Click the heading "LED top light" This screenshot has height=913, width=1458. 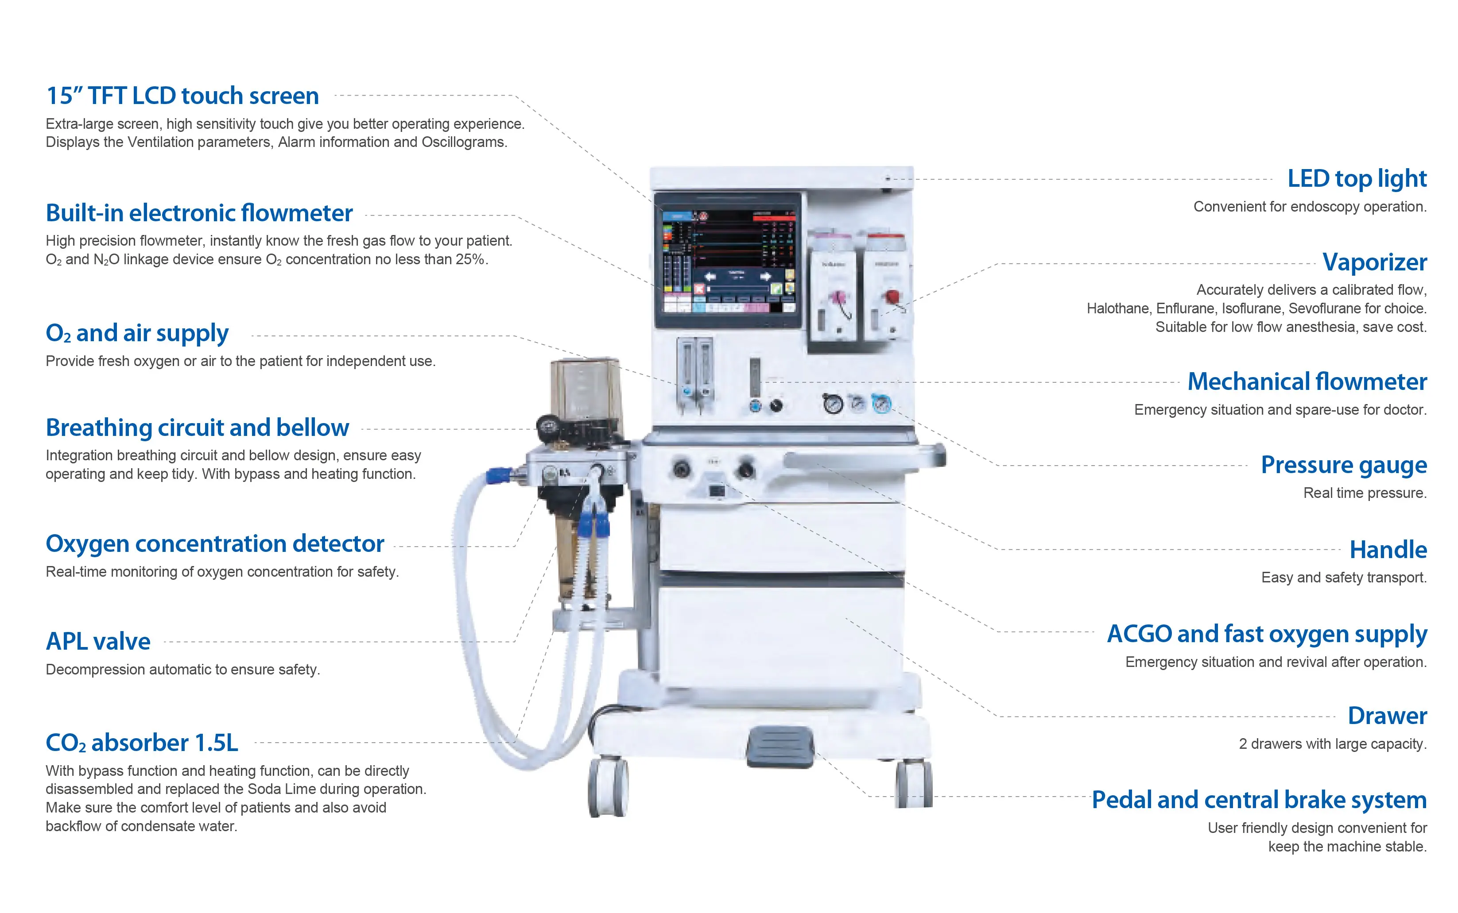click(x=1357, y=179)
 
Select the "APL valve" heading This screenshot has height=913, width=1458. click(x=98, y=641)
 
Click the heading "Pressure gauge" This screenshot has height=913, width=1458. click(x=1343, y=465)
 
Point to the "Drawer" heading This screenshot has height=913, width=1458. click(x=1387, y=716)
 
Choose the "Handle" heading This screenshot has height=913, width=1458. click(x=1388, y=550)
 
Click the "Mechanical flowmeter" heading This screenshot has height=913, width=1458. click(x=1307, y=381)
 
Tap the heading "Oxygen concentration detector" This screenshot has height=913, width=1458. click(x=214, y=543)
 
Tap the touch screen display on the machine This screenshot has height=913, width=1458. click(x=728, y=260)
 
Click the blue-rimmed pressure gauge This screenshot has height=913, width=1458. click(x=881, y=403)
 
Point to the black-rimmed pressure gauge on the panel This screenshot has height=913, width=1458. click(x=833, y=403)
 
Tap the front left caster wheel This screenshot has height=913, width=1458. click(x=607, y=788)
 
